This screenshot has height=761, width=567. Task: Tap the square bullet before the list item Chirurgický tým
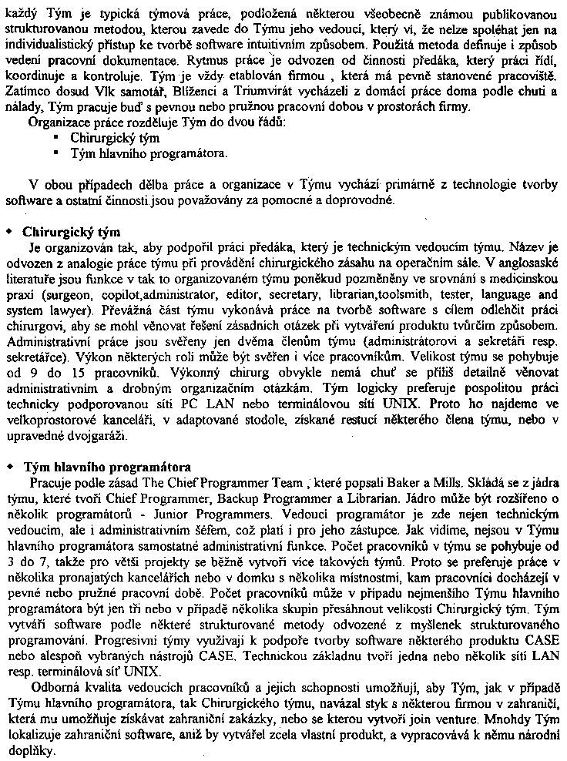click(56, 138)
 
